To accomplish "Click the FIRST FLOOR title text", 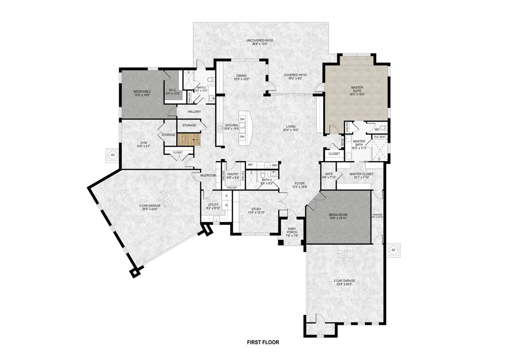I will coord(263,342).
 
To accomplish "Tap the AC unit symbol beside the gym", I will coord(112,155).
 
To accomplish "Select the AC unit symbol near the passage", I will coord(393,250).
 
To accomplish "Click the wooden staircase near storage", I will coord(189,140).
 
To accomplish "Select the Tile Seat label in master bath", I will coord(380,137).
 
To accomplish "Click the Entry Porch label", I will coord(292,231).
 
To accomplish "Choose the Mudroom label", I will coord(208,176).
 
